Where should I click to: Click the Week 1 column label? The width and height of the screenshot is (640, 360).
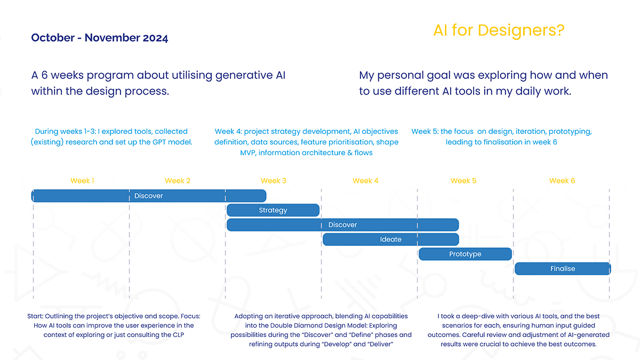(82, 181)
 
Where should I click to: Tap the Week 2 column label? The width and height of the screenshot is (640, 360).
(178, 181)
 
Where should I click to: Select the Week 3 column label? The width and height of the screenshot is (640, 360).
(274, 181)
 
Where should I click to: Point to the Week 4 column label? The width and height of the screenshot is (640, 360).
(365, 181)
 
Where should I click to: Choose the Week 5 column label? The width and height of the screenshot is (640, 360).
(463, 181)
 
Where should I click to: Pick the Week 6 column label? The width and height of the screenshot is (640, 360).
(562, 181)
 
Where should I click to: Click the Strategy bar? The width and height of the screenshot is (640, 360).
(273, 210)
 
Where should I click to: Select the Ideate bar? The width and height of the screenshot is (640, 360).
(391, 239)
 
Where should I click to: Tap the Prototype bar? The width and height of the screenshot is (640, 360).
(465, 254)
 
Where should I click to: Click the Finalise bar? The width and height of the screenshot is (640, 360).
(563, 269)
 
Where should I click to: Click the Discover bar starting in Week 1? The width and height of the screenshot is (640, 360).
(149, 196)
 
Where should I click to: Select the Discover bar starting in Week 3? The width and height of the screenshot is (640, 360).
(343, 225)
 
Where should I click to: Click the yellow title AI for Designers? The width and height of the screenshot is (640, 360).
(499, 30)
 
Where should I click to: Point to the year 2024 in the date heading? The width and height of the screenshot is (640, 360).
(155, 38)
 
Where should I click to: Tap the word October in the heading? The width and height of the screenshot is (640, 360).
(53, 38)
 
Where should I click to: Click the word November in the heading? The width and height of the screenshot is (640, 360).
(112, 38)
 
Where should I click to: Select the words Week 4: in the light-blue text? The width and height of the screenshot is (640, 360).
(228, 131)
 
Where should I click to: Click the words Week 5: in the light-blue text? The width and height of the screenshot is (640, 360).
(425, 131)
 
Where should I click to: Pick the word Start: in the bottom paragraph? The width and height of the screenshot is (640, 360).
(35, 316)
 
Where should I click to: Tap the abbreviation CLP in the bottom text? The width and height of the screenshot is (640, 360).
(178, 335)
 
